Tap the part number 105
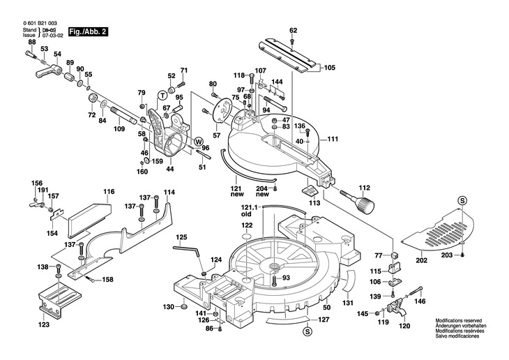tap(329, 68)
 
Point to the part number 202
tap(421, 261)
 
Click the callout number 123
tap(44, 324)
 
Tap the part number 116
tap(109, 191)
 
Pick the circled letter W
tap(198, 140)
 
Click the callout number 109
tap(119, 129)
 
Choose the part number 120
tap(404, 326)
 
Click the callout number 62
tap(293, 30)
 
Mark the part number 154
tap(52, 234)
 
